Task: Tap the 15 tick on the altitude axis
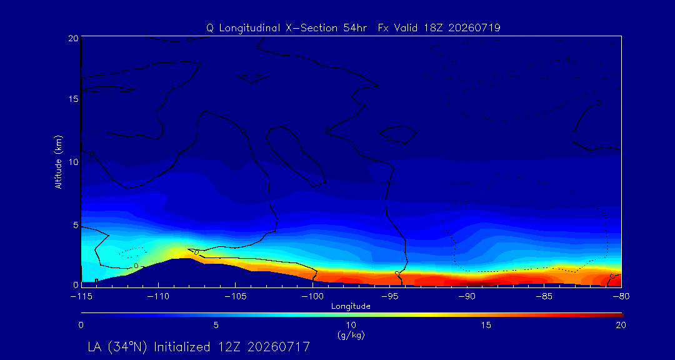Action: point(72,99)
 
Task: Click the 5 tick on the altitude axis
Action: point(75,225)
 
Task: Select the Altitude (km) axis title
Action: point(58,161)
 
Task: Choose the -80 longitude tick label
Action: point(621,297)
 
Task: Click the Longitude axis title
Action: point(351,307)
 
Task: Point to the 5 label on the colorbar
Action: point(216,326)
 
